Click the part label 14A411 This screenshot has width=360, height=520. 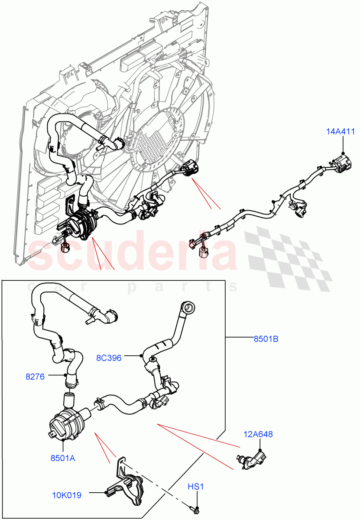pyautogui.click(x=342, y=132)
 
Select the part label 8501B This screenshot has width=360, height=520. pyautogui.click(x=266, y=339)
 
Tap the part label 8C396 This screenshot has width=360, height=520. pyautogui.click(x=109, y=358)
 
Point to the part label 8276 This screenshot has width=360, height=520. pyautogui.click(x=35, y=377)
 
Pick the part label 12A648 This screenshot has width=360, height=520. pyautogui.click(x=259, y=434)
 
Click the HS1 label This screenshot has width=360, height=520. pyautogui.click(x=196, y=487)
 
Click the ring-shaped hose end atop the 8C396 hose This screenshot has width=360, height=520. pyautogui.click(x=189, y=309)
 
